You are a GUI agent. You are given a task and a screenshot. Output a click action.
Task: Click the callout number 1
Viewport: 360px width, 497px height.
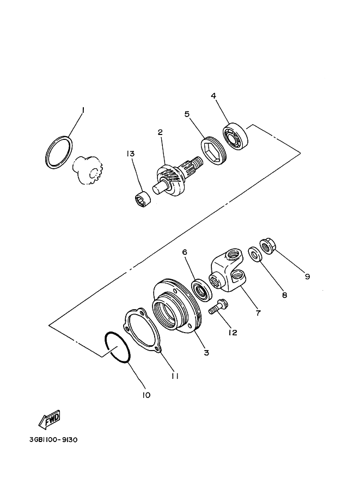point(83,110)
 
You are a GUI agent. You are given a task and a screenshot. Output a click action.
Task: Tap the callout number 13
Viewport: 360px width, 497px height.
point(130,154)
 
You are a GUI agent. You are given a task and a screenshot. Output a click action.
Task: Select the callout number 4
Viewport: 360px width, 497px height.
point(213,96)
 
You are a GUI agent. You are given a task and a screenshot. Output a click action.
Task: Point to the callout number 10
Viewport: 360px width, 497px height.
point(146,395)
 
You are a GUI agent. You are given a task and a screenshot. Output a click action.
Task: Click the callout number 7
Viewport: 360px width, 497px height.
point(258,313)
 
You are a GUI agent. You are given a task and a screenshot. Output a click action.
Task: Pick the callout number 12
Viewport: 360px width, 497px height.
point(233,332)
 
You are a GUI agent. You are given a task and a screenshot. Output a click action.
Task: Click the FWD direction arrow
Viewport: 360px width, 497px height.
point(49,420)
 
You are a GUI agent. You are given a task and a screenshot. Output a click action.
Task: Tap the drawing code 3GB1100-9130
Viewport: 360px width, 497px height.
point(53,440)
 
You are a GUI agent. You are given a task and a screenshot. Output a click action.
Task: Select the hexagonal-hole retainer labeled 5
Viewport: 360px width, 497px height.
point(214,150)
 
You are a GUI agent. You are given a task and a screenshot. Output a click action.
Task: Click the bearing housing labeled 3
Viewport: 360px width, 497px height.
point(175,306)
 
